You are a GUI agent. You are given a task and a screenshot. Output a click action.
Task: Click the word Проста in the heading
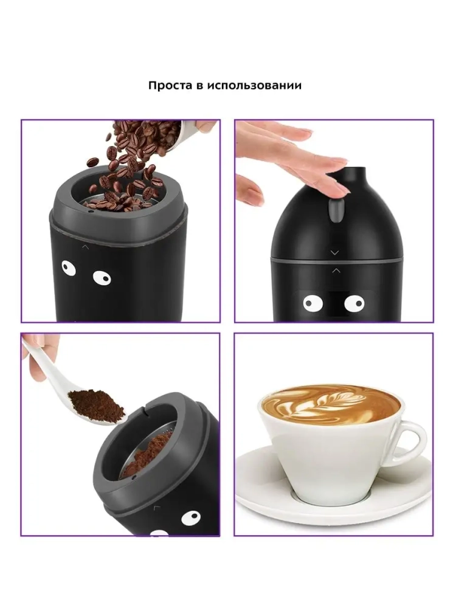pyautogui.click(x=170, y=85)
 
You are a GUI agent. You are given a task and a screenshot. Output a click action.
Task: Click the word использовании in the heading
pyautogui.click(x=254, y=85)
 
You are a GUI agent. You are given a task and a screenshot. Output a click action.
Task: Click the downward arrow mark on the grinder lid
pyautogui.click(x=334, y=253)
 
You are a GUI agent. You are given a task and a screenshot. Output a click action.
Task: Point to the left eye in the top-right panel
pyautogui.click(x=313, y=303)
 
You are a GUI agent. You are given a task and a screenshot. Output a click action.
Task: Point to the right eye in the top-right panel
pyautogui.click(x=354, y=303)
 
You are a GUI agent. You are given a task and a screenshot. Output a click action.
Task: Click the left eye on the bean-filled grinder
pyautogui.click(x=68, y=268)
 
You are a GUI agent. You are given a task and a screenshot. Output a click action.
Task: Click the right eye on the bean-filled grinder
pyautogui.click(x=102, y=278)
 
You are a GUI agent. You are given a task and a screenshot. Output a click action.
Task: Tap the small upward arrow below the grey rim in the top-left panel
pyautogui.click(x=85, y=246)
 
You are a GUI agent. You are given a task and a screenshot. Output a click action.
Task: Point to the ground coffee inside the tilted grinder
pyautogui.click(x=147, y=453)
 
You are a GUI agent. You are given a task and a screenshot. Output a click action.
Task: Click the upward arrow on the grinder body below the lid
pyautogui.click(x=336, y=271)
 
